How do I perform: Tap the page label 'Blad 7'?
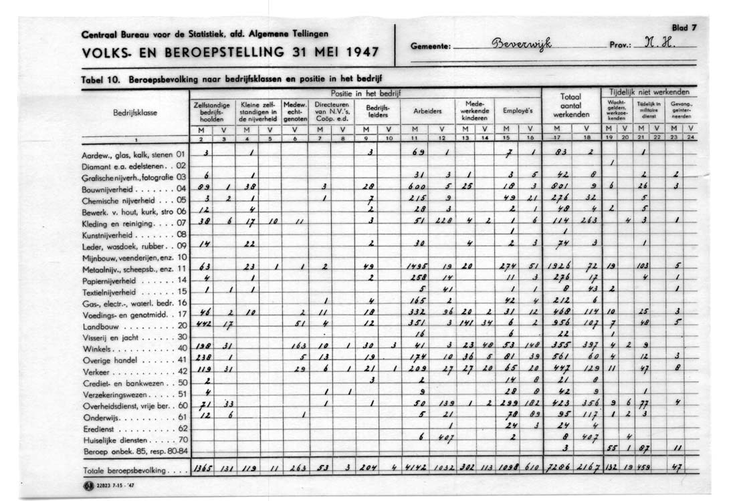click(x=684, y=28)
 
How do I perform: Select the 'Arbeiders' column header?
click(x=427, y=112)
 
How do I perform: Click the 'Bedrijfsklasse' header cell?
click(x=135, y=113)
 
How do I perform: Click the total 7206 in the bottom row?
click(x=557, y=470)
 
